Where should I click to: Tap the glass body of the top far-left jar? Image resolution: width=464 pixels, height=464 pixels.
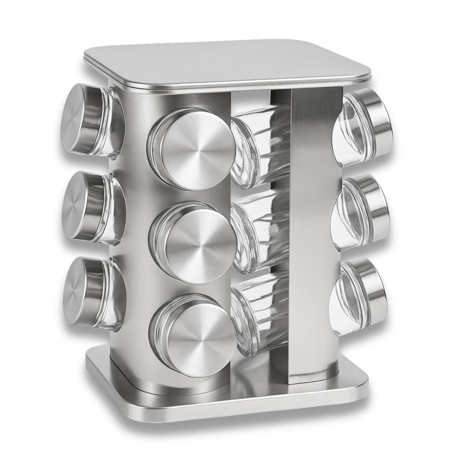coord(111,122)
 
